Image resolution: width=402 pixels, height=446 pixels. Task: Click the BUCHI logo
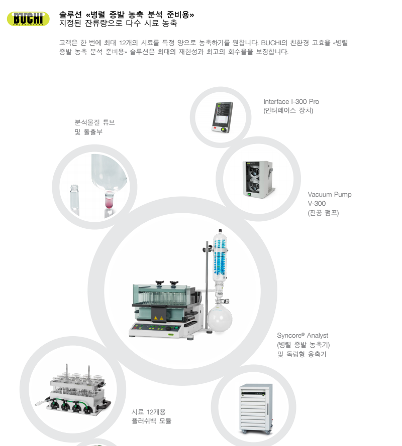point(28,19)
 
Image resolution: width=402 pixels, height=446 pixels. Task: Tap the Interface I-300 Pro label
point(291,106)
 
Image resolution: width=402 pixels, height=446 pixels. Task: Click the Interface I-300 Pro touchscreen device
point(222,117)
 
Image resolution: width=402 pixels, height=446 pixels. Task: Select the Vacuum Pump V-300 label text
point(329,203)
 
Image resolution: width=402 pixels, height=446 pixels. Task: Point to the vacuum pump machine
point(258,179)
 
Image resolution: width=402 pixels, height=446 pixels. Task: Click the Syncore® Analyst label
point(303,345)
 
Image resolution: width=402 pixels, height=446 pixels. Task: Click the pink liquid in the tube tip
point(109,202)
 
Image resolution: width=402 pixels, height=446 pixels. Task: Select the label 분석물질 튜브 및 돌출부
point(94,127)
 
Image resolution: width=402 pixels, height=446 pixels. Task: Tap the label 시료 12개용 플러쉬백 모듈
point(151,416)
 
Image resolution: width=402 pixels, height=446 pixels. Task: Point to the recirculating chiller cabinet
point(256,409)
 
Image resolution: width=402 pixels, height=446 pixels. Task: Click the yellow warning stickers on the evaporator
point(158,318)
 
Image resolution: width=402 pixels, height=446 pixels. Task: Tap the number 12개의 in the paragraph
point(128,43)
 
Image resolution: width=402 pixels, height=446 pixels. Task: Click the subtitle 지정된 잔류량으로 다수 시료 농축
point(118,23)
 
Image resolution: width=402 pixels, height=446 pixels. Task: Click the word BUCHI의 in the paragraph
point(274,43)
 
